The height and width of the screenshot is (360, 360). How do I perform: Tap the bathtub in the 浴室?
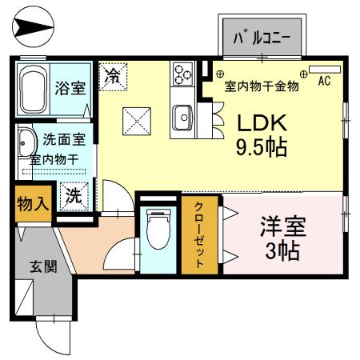point(34,82)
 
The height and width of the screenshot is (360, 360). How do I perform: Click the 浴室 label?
point(70,87)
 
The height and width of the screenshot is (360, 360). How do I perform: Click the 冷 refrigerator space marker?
point(114,78)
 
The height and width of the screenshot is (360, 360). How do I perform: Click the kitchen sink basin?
point(183,119)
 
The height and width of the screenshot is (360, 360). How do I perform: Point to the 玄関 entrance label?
point(44,266)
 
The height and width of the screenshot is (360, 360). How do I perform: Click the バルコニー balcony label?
point(261,38)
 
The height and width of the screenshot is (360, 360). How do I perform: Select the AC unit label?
point(325,81)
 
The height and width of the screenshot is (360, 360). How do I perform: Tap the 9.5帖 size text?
point(261,148)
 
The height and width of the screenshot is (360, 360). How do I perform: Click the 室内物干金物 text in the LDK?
point(261,86)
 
